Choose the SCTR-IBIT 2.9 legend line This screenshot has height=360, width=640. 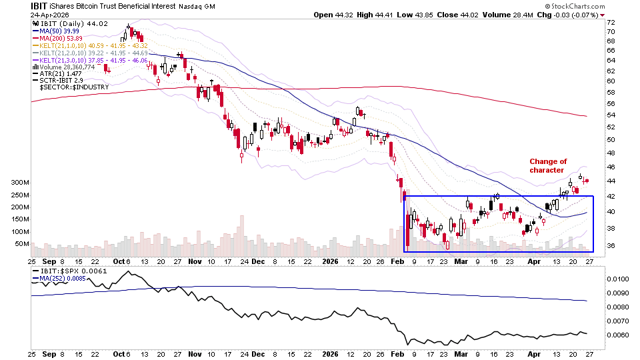pos(59,81)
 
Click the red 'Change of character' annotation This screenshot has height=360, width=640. pos(548,165)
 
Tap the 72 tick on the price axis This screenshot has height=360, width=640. pos(611,23)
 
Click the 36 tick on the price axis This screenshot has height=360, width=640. pos(611,246)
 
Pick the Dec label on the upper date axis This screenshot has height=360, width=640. pos(259,261)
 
